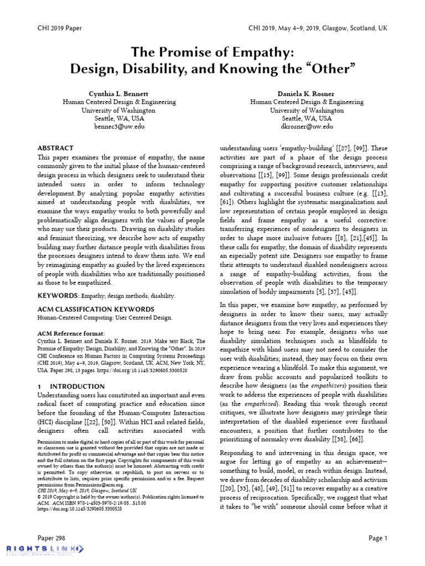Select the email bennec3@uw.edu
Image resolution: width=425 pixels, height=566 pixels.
119,126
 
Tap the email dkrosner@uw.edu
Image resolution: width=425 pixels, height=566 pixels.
307,126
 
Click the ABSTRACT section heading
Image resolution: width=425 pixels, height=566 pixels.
55,149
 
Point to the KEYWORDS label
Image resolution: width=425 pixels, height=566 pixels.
57,296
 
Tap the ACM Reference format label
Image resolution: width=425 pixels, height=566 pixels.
70,334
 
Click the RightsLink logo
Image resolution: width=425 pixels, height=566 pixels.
44,548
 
